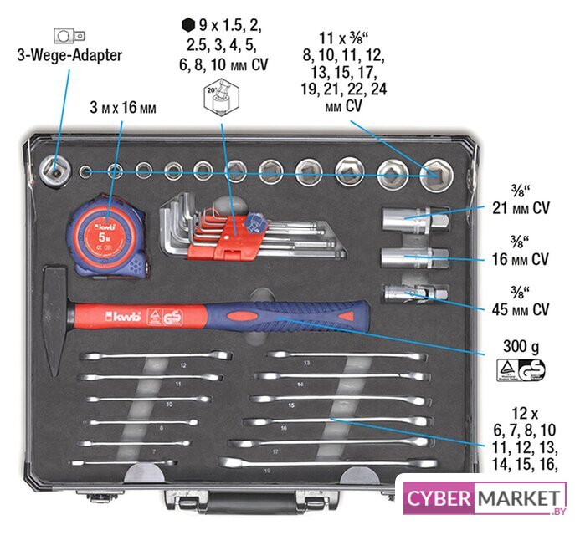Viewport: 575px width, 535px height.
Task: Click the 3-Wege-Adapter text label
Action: point(69,56)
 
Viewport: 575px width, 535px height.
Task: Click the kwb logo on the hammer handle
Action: point(117,316)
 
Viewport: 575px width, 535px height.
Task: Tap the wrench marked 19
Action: point(327,462)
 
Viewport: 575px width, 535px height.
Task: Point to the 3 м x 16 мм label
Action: point(123,108)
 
